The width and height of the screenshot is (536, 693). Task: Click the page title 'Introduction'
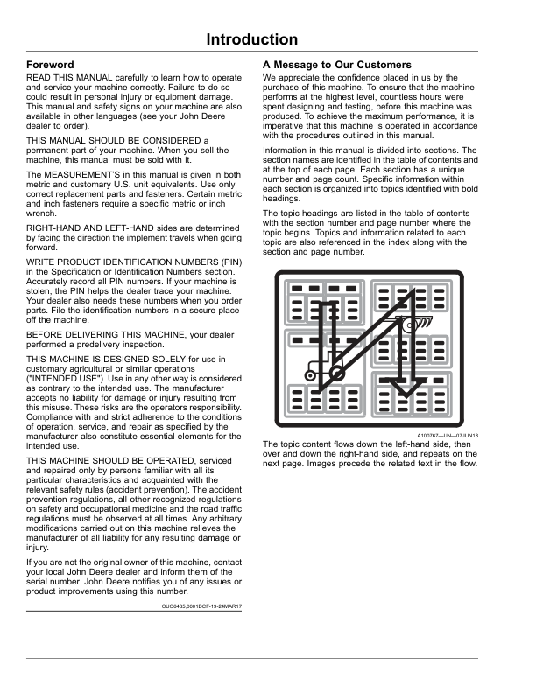pyautogui.click(x=252, y=39)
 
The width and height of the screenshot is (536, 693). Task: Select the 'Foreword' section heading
pyautogui.click(x=51, y=66)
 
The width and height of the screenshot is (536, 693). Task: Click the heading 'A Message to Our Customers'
pyautogui.click(x=337, y=66)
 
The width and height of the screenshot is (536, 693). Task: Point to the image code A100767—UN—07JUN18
pyautogui.click(x=447, y=436)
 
